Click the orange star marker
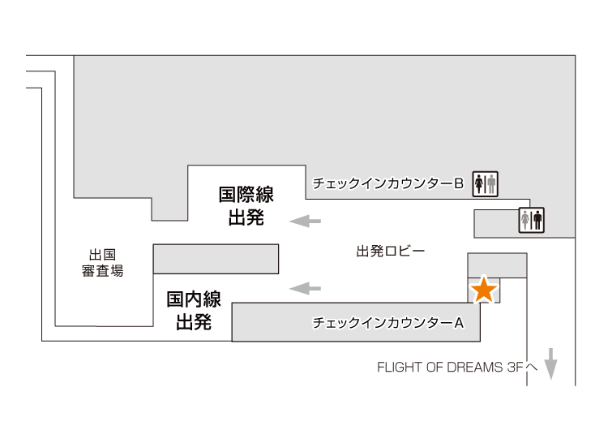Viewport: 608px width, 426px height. [x=484, y=290]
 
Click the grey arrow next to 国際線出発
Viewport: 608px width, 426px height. [x=306, y=220]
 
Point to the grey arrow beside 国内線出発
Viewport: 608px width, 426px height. [x=306, y=287]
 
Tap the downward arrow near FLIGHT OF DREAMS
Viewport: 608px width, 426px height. [x=551, y=364]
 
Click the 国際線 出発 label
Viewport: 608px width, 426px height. [x=246, y=207]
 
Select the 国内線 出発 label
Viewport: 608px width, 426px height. [x=194, y=310]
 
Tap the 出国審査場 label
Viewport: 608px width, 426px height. [x=103, y=262]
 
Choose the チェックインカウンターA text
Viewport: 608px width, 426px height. [x=387, y=323]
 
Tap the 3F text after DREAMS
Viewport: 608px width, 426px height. [x=516, y=367]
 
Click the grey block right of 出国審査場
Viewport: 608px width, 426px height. [x=216, y=258]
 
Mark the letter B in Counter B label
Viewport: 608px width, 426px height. [x=458, y=184]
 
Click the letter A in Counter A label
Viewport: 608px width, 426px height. [x=458, y=323]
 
